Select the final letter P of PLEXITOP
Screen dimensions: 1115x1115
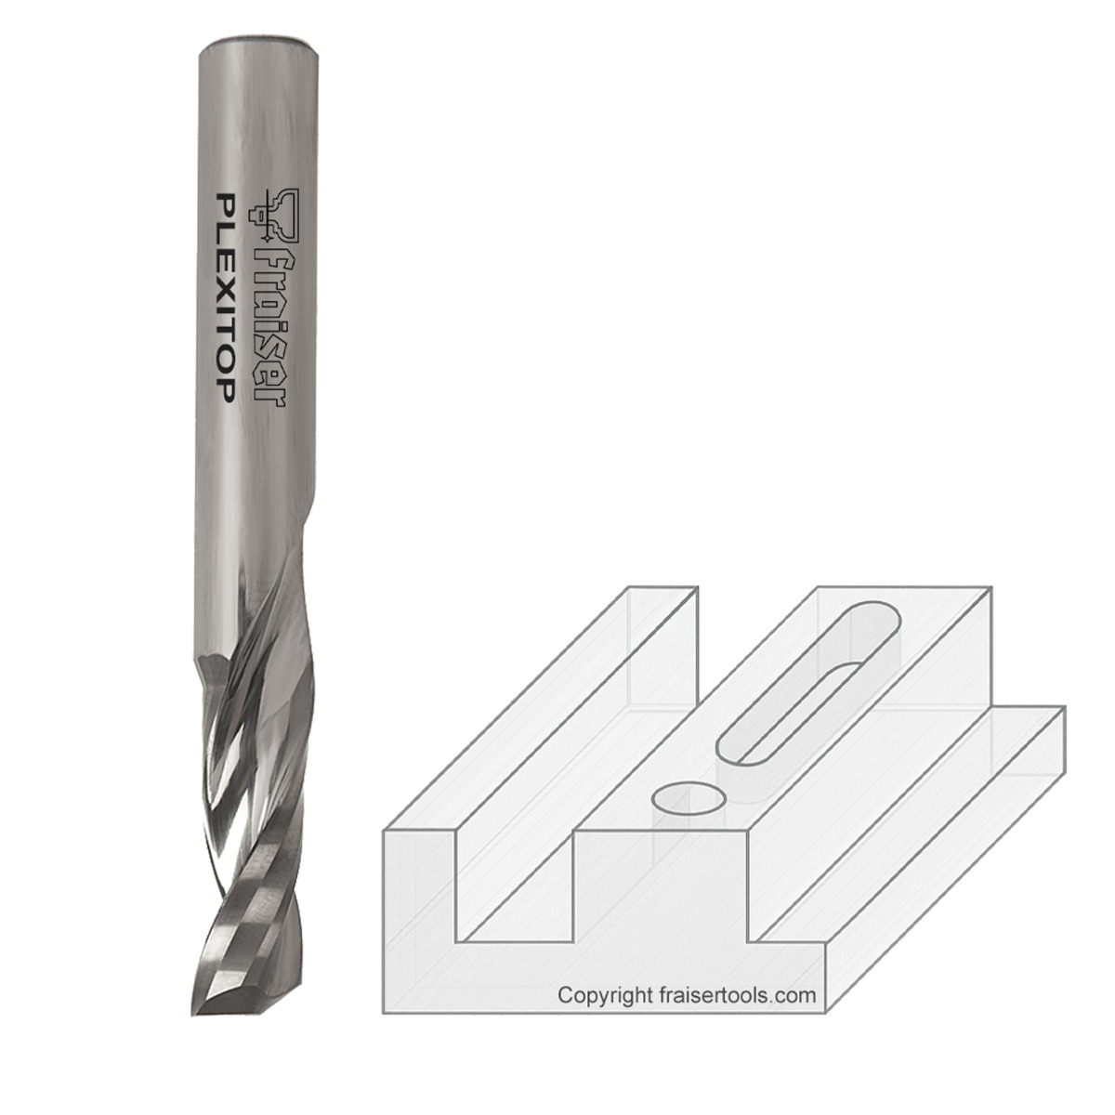(x=223, y=391)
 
